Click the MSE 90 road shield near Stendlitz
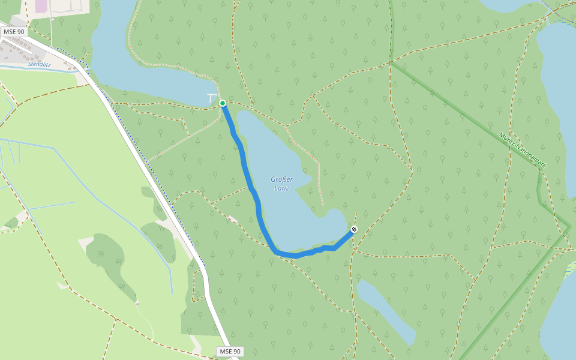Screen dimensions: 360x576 coord(13,31)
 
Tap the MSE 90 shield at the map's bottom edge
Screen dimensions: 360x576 coord(230,352)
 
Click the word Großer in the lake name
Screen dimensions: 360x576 coord(281,179)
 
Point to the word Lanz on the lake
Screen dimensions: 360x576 coord(281,188)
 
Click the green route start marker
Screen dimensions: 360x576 coord(223,103)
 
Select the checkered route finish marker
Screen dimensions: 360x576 coord(354,229)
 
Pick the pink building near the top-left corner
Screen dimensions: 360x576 coord(41,6)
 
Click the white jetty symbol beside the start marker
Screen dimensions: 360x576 coord(211,97)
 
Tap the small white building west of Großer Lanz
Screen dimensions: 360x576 coord(233,220)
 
